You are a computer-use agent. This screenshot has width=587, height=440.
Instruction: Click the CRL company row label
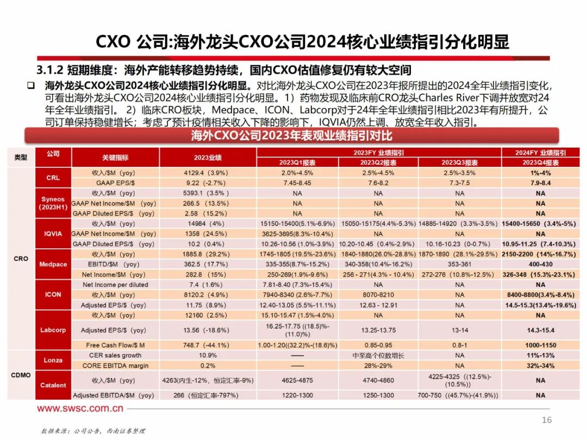[x=53, y=178]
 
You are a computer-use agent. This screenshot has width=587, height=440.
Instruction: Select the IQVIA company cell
[x=53, y=234]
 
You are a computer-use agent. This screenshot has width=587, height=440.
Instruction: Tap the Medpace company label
[x=53, y=265]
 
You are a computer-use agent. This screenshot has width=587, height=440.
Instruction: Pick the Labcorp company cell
[x=53, y=330]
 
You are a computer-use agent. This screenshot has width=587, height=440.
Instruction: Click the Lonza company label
[x=53, y=360]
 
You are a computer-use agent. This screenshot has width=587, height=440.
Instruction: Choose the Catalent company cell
[x=53, y=385]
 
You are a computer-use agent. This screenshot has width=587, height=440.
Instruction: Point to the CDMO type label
[x=20, y=375]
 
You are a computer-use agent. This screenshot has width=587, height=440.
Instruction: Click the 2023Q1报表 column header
[x=297, y=162]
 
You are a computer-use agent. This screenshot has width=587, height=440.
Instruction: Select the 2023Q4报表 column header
[x=540, y=162]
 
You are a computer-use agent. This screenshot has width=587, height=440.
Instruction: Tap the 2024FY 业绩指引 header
[x=540, y=153]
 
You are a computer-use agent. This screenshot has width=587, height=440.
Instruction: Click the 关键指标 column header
[x=116, y=158]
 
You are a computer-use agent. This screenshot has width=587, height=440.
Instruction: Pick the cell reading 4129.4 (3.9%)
[x=208, y=173]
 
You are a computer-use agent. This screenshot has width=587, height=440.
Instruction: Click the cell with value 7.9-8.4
[x=540, y=183]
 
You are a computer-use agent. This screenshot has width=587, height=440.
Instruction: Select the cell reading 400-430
[x=540, y=264]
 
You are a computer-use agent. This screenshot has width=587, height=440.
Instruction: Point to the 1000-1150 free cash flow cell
[x=540, y=345]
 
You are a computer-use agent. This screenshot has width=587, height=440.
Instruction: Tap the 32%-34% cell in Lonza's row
[x=540, y=366]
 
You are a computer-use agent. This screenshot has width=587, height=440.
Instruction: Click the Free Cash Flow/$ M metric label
[x=116, y=345]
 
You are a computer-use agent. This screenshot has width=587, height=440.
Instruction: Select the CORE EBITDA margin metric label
[x=116, y=366]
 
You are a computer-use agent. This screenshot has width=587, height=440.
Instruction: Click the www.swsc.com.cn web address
[x=80, y=408]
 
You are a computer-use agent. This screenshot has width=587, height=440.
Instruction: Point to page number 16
[x=547, y=420]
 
